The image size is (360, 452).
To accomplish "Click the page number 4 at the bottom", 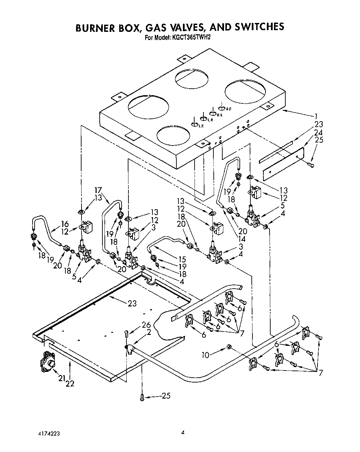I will pyautogui.click(x=183, y=432).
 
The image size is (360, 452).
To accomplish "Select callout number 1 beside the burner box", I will pyautogui.click(x=316, y=115).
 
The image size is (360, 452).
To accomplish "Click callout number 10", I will pyautogui.click(x=205, y=355).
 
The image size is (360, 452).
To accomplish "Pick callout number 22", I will pyautogui.click(x=70, y=384).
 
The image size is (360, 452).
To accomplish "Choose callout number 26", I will pyautogui.click(x=147, y=324).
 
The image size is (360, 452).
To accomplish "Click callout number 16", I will pyautogui.click(x=64, y=224).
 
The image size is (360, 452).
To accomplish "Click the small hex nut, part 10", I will pyautogui.click(x=229, y=348).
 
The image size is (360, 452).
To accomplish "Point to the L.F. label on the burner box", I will pyautogui.click(x=201, y=126).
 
